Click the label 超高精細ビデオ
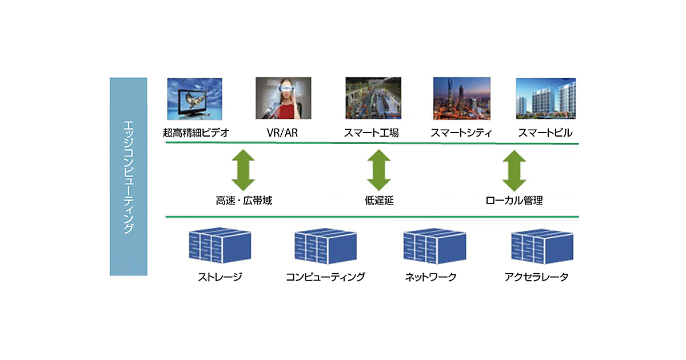tap(196, 133)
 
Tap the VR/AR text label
tap(282, 133)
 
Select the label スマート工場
tap(371, 133)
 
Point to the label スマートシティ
tap(461, 133)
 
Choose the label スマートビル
tap(545, 133)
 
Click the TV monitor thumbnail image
tap(194, 98)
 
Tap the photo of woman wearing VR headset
tap(284, 98)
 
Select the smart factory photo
tap(372, 98)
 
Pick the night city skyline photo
tap(460, 98)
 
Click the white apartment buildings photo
tap(545, 98)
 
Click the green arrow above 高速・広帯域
tap(244, 170)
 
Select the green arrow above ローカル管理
tap(514, 170)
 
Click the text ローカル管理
tap(514, 201)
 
